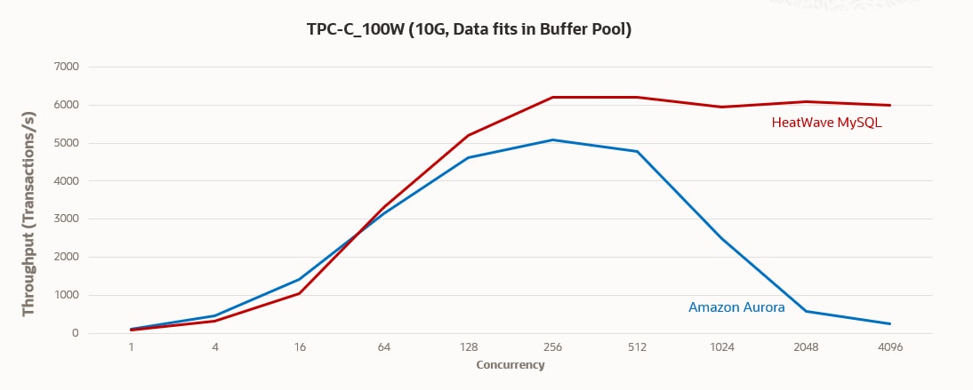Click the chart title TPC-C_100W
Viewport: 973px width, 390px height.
(468, 29)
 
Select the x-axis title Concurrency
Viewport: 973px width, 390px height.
(511, 365)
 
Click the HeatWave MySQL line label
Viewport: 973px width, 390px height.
(826, 123)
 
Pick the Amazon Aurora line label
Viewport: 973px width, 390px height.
(736, 307)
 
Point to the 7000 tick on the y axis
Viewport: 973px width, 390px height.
(67, 67)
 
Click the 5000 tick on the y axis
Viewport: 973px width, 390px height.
(67, 143)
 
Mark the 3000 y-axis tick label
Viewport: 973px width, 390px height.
(67, 219)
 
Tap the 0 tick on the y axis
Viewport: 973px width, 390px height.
(75, 334)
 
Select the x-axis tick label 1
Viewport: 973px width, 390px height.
(131, 347)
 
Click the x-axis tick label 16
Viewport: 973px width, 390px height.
(300, 347)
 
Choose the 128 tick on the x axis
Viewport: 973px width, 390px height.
(468, 347)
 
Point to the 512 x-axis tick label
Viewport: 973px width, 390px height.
(637, 347)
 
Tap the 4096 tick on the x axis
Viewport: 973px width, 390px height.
(890, 347)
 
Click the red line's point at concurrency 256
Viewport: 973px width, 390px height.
(552, 97)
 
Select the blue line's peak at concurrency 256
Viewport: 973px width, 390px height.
(552, 139)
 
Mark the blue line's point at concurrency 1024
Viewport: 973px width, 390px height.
(721, 238)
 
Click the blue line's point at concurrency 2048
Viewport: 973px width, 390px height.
(806, 311)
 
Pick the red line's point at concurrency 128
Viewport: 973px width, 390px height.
(468, 135)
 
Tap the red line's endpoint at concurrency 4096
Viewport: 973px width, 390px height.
(890, 105)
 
